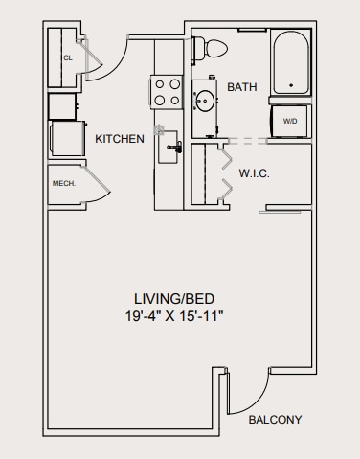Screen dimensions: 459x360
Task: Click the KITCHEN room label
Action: (120, 139)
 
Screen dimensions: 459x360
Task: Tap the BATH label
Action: (242, 87)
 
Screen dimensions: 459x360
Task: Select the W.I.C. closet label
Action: (254, 173)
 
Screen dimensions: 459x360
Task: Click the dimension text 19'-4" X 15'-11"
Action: (180, 314)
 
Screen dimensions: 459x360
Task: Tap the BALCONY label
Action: (275, 420)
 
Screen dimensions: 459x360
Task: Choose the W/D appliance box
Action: (290, 121)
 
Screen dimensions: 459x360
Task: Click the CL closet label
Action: (67, 58)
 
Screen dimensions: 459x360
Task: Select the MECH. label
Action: (63, 182)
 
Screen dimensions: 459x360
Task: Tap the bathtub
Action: (291, 63)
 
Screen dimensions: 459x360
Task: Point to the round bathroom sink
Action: (205, 99)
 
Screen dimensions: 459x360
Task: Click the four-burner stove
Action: (168, 92)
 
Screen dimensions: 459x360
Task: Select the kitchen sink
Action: (171, 146)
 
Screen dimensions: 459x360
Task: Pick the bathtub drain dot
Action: (291, 83)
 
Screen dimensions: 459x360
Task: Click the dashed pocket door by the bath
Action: (247, 140)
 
